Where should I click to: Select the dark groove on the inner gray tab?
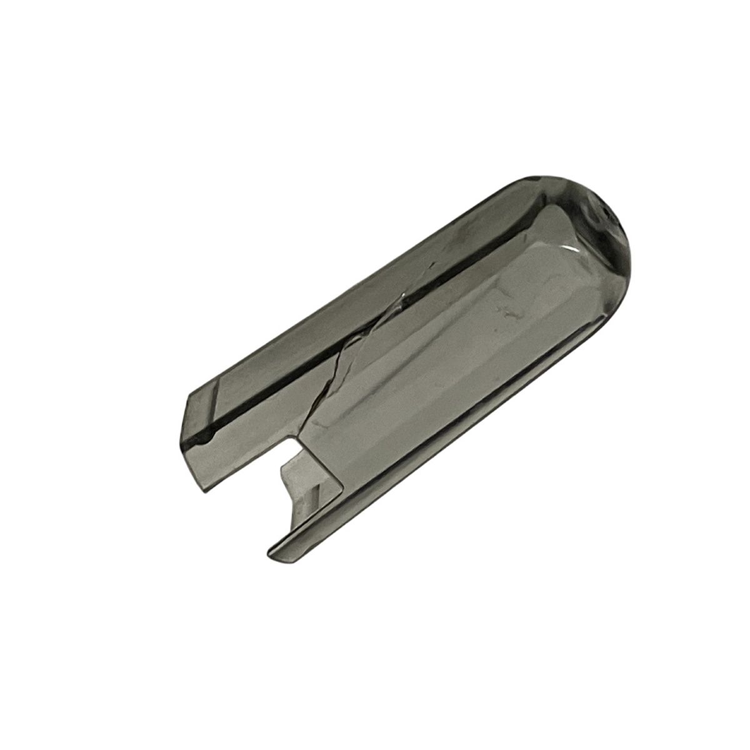coord(312,487)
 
